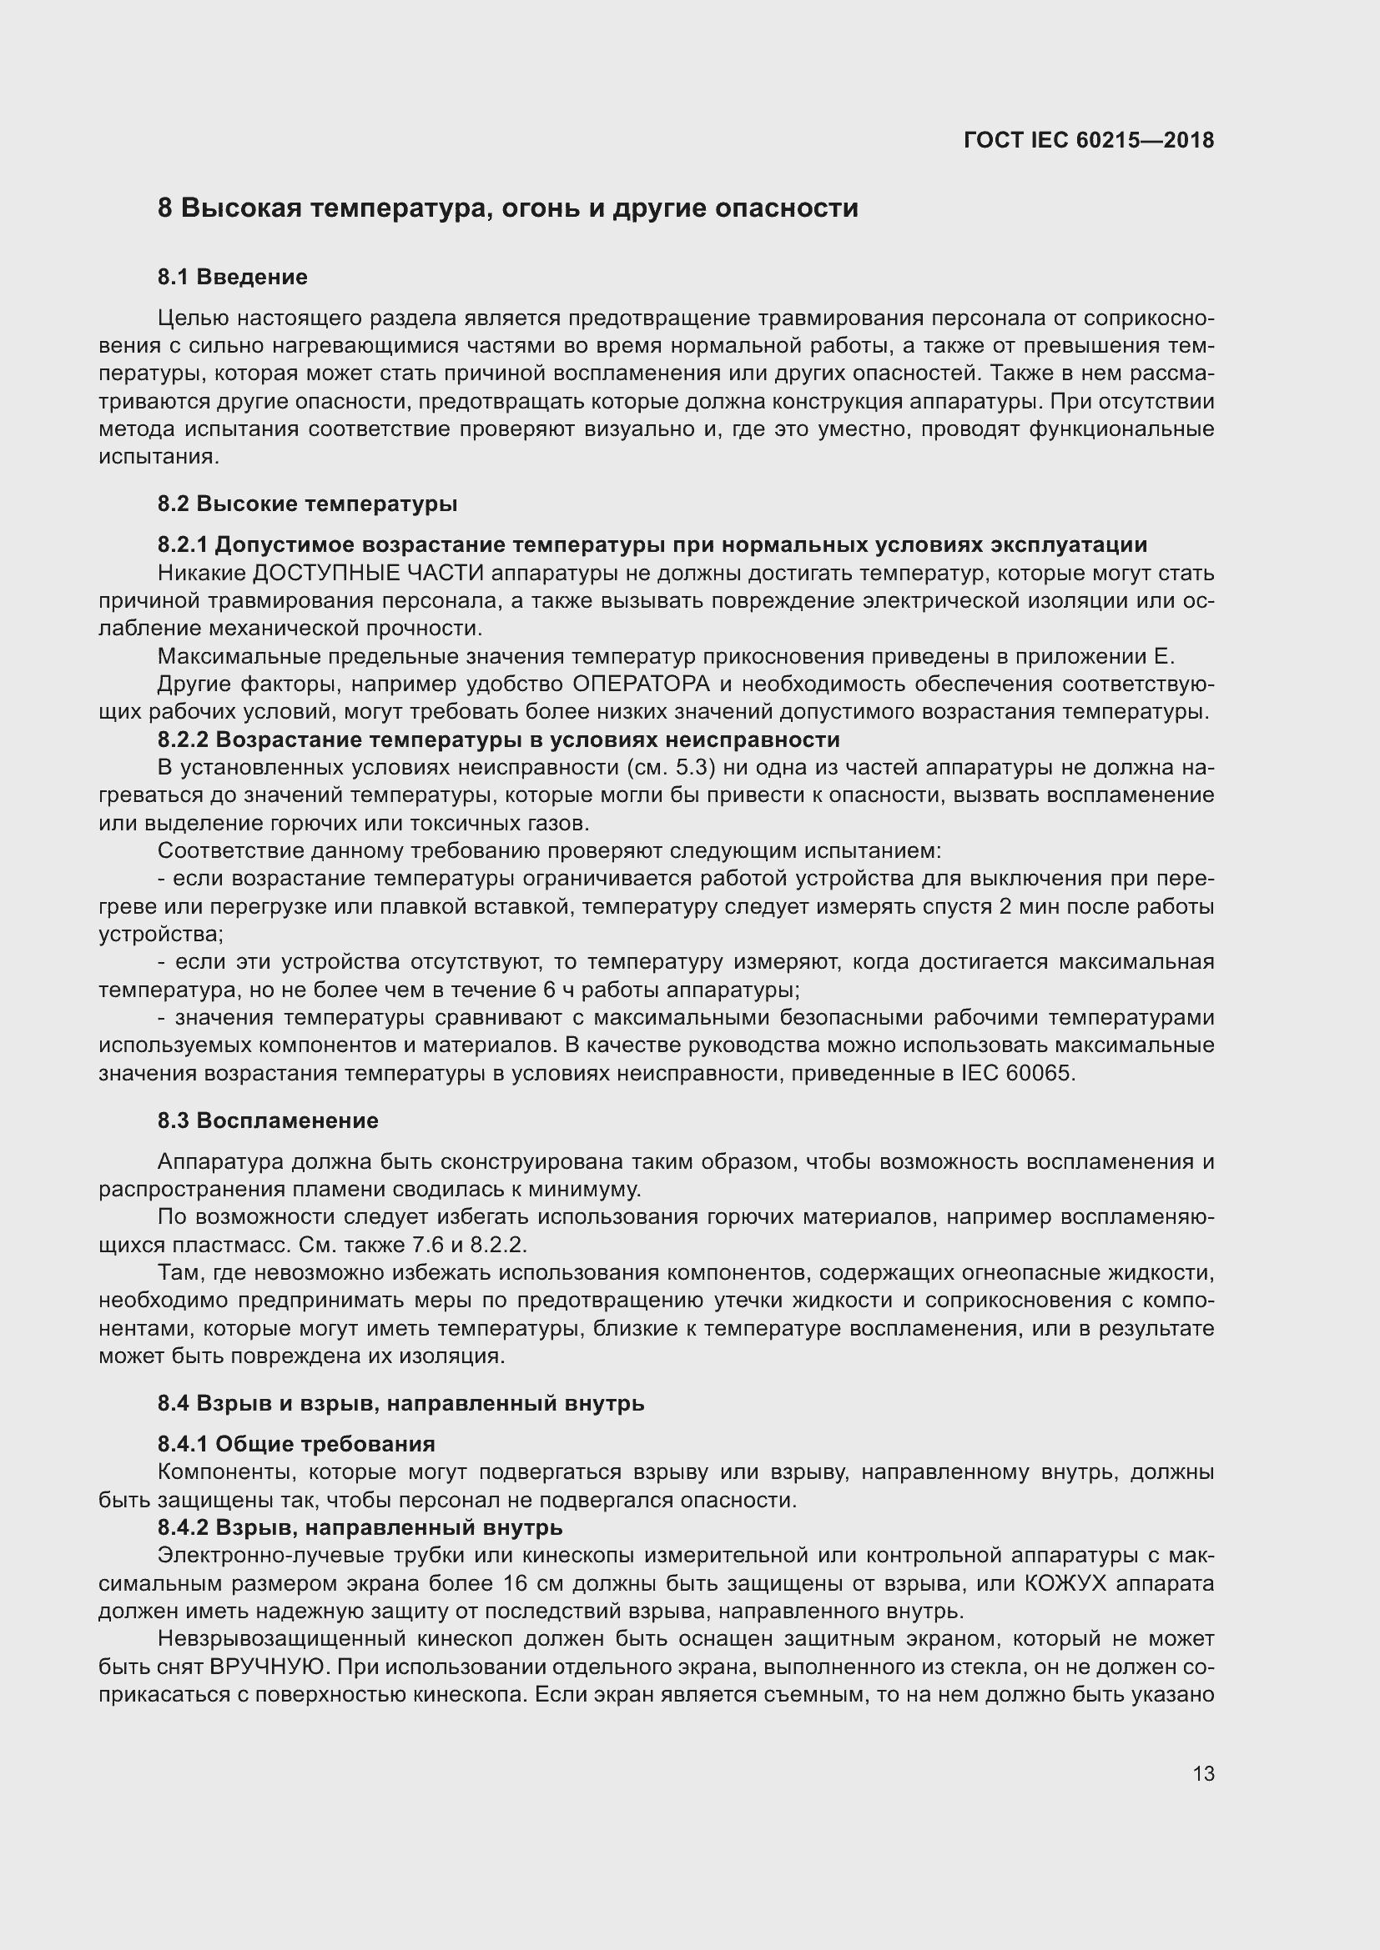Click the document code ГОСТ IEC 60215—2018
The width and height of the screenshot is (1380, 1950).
click(x=1089, y=140)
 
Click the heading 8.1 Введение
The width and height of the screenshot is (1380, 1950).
click(x=232, y=277)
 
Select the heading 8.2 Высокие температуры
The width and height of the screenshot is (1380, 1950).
click(x=307, y=504)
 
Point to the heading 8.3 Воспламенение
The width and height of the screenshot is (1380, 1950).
click(x=268, y=1120)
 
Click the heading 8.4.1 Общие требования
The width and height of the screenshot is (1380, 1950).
click(x=295, y=1444)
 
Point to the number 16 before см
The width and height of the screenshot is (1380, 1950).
click(x=515, y=1584)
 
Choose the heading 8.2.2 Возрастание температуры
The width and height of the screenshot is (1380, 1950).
click(x=498, y=739)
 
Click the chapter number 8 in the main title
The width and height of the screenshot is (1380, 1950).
click(x=165, y=208)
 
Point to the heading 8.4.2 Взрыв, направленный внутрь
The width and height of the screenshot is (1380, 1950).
click(x=360, y=1527)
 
